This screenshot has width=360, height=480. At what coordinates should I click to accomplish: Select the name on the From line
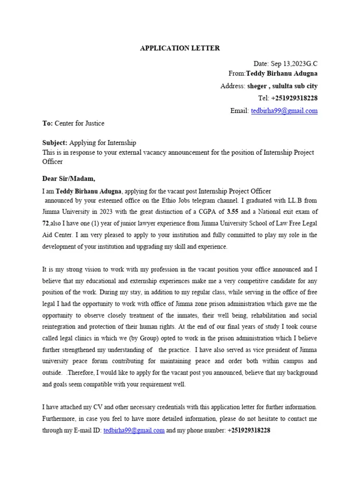[282, 74]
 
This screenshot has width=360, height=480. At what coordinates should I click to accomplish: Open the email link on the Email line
[284, 111]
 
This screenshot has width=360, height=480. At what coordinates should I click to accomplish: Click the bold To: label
[48, 123]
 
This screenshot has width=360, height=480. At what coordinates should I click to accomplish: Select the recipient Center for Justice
[80, 123]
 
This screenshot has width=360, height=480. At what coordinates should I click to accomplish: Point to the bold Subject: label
[55, 142]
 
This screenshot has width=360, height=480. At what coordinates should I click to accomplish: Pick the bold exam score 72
[46, 223]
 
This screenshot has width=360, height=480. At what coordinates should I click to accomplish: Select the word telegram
[200, 200]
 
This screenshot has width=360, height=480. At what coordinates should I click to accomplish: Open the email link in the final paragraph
[134, 430]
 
